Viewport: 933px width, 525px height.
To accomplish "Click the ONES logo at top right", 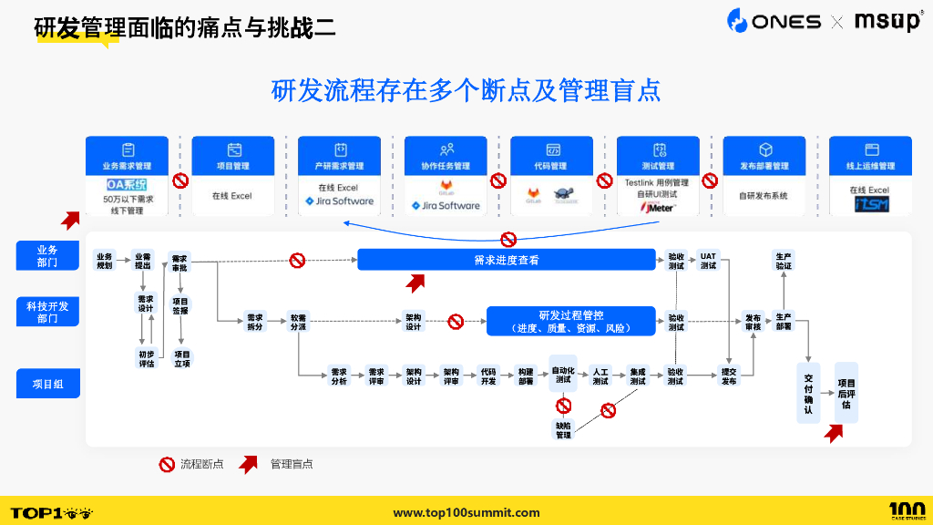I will click(x=774, y=21).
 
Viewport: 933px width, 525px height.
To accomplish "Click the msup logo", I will click(x=888, y=21).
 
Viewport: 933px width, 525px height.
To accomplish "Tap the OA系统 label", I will click(x=127, y=184).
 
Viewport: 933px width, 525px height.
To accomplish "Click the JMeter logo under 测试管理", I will click(x=657, y=207).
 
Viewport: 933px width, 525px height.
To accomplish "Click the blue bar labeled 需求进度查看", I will click(x=506, y=260).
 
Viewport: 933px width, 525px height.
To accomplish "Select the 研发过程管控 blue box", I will click(x=571, y=321).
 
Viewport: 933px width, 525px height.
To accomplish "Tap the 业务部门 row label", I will click(x=47, y=256).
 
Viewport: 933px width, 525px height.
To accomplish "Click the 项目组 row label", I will click(x=47, y=385).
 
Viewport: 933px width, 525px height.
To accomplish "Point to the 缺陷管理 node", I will click(x=563, y=430).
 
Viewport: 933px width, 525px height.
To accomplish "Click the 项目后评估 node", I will click(x=846, y=393).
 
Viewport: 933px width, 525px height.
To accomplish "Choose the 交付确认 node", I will click(x=807, y=393).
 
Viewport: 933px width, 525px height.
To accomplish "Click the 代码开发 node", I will click(x=488, y=376).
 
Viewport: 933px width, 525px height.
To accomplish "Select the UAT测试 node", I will click(x=708, y=261).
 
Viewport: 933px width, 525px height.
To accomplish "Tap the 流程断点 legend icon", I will click(x=167, y=464).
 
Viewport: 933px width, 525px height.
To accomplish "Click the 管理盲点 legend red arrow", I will click(x=248, y=464).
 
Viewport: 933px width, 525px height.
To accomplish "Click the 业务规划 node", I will click(x=105, y=261).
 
